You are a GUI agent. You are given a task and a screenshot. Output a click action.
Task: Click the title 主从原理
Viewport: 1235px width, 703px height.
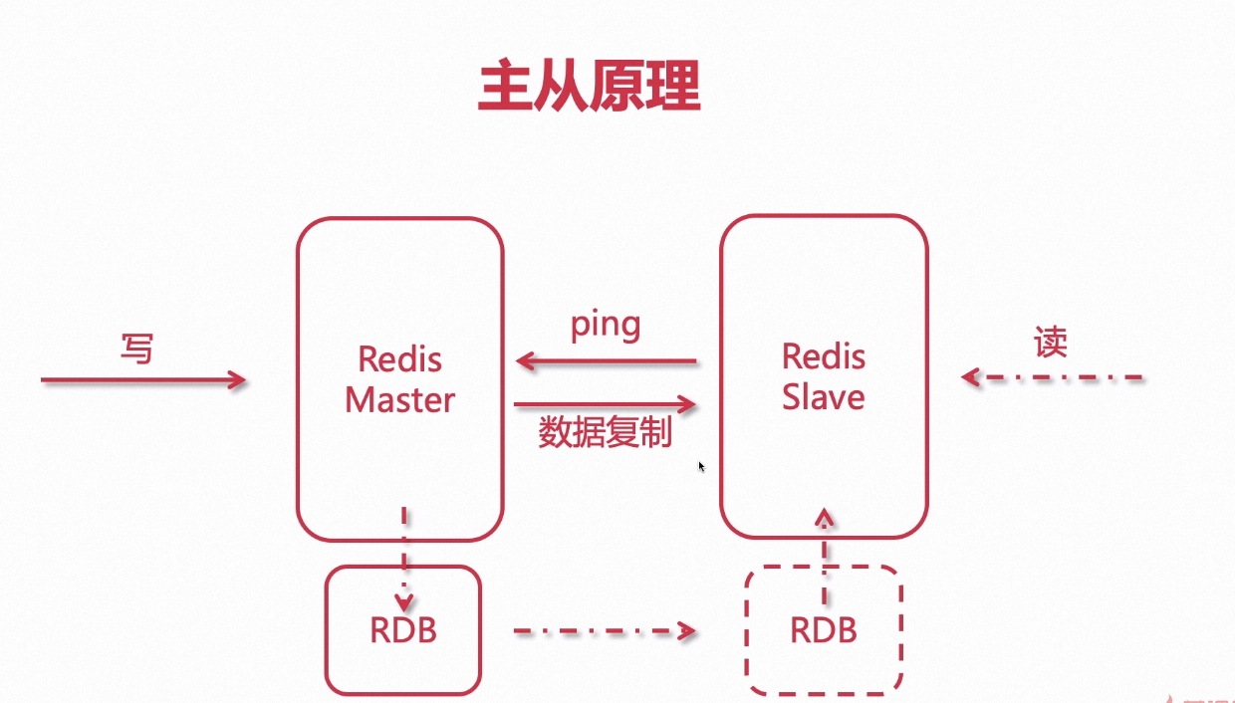click(x=589, y=87)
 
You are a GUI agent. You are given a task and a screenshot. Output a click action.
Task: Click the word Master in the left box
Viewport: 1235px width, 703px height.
click(x=399, y=399)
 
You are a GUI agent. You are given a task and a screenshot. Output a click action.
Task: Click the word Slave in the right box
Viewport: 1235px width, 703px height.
click(x=823, y=396)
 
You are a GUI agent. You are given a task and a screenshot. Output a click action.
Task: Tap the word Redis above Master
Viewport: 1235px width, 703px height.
click(x=399, y=358)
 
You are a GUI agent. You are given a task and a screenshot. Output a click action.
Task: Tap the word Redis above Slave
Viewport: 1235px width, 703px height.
click(x=823, y=355)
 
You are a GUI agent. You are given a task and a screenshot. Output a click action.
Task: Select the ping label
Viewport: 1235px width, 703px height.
click(x=606, y=326)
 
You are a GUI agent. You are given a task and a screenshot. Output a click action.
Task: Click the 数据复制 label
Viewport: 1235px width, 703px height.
click(x=606, y=433)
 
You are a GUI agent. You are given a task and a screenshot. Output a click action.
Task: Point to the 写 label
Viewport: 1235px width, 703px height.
click(x=136, y=349)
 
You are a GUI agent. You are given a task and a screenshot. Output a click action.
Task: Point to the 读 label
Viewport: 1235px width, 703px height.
click(x=1051, y=344)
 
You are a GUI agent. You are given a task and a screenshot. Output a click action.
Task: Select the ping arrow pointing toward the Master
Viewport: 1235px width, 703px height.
click(x=606, y=361)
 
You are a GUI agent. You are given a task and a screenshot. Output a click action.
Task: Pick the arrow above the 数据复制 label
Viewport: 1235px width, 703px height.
click(x=606, y=404)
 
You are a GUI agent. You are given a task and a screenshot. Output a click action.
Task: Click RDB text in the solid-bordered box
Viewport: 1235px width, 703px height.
click(x=403, y=630)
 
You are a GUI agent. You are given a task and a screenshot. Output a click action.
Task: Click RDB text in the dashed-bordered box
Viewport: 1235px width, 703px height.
click(x=823, y=630)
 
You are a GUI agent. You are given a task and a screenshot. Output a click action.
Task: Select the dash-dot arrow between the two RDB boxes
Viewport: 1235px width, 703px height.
click(x=603, y=630)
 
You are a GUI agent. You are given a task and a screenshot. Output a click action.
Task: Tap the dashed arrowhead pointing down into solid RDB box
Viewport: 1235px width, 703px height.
click(x=403, y=601)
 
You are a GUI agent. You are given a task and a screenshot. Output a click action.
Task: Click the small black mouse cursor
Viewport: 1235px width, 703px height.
click(x=701, y=466)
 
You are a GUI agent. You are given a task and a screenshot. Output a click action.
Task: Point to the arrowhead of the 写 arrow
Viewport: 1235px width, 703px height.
click(x=237, y=379)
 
